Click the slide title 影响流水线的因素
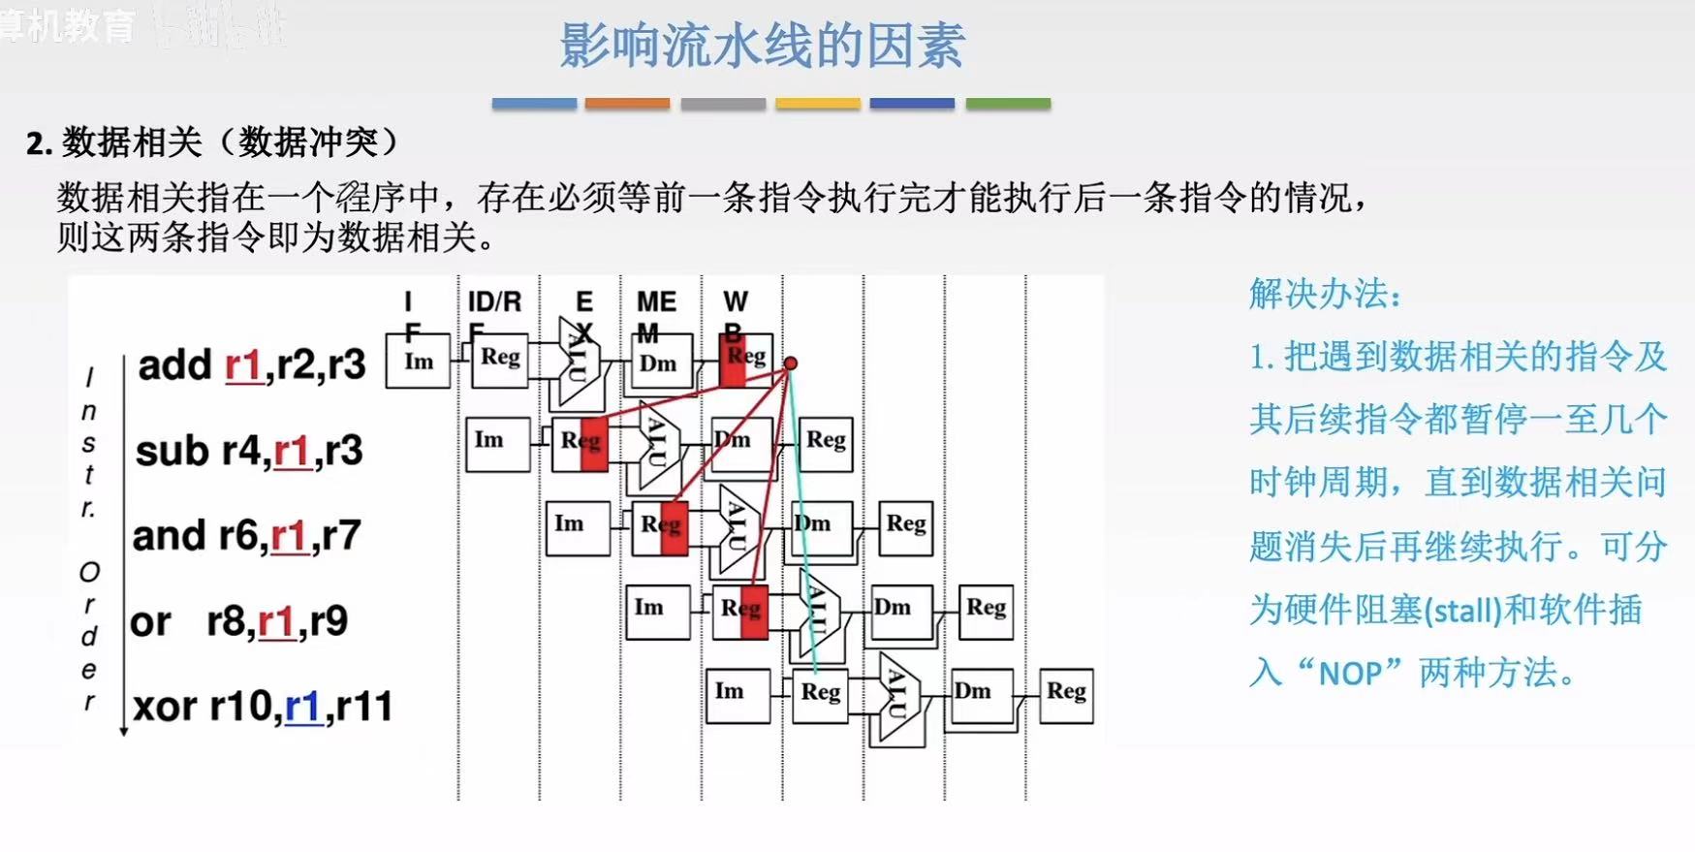[762, 47]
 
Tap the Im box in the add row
[419, 362]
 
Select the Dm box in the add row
[658, 363]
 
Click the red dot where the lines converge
[791, 363]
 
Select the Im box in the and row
[578, 526]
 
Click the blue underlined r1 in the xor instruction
[303, 707]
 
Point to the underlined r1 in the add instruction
[243, 365]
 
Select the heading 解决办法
[1324, 294]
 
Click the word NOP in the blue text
[1350, 673]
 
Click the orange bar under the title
[627, 103]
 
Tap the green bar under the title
[1008, 103]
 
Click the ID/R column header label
[494, 302]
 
